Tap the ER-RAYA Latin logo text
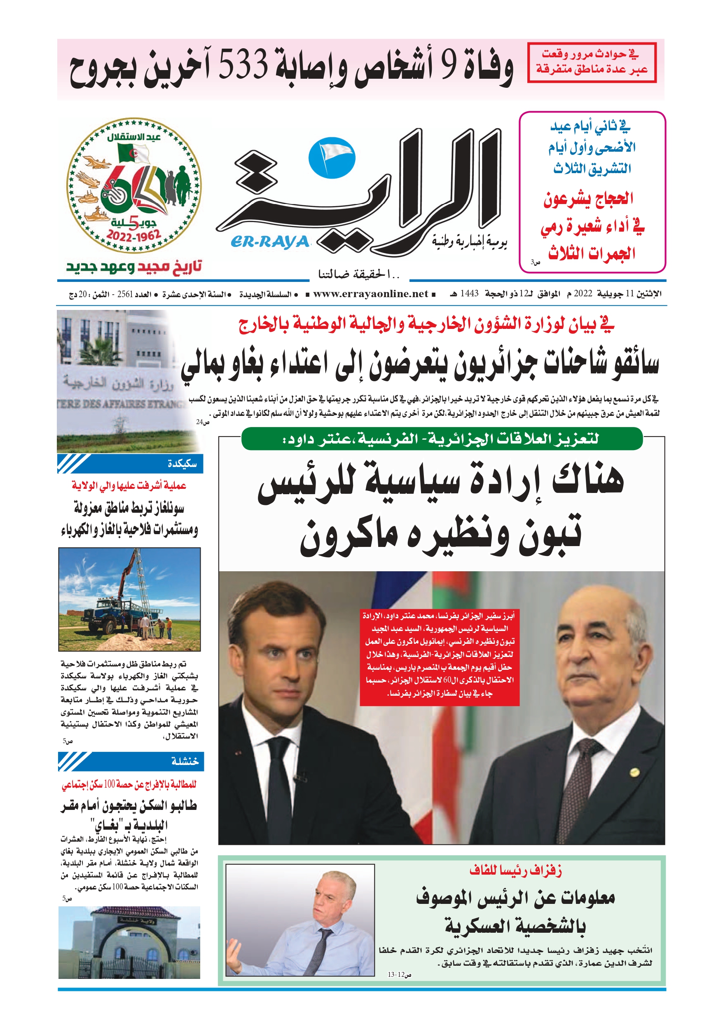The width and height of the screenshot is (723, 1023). tap(270, 242)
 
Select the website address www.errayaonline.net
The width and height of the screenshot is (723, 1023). tap(370, 293)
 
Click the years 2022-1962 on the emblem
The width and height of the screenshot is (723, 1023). tap(133, 235)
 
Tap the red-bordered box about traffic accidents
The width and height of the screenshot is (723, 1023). tap(592, 62)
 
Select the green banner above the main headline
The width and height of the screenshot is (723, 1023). tap(442, 439)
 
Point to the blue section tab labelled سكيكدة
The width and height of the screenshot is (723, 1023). tap(130, 464)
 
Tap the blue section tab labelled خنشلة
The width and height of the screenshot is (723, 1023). tap(131, 761)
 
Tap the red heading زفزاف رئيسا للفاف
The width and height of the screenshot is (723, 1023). tap(515, 870)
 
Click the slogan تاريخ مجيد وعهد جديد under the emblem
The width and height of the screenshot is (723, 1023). tap(134, 267)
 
